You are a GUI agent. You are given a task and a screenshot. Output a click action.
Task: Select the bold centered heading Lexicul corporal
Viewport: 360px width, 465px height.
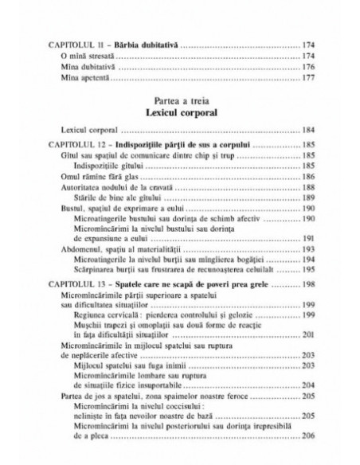click(x=179, y=112)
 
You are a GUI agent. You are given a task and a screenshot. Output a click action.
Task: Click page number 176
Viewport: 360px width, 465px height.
click(x=304, y=68)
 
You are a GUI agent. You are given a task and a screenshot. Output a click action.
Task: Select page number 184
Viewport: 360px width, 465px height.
click(x=304, y=128)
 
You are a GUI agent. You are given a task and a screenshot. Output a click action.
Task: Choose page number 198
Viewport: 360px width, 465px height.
click(x=304, y=283)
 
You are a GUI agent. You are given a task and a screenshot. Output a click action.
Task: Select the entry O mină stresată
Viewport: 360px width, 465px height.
click(x=87, y=57)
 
